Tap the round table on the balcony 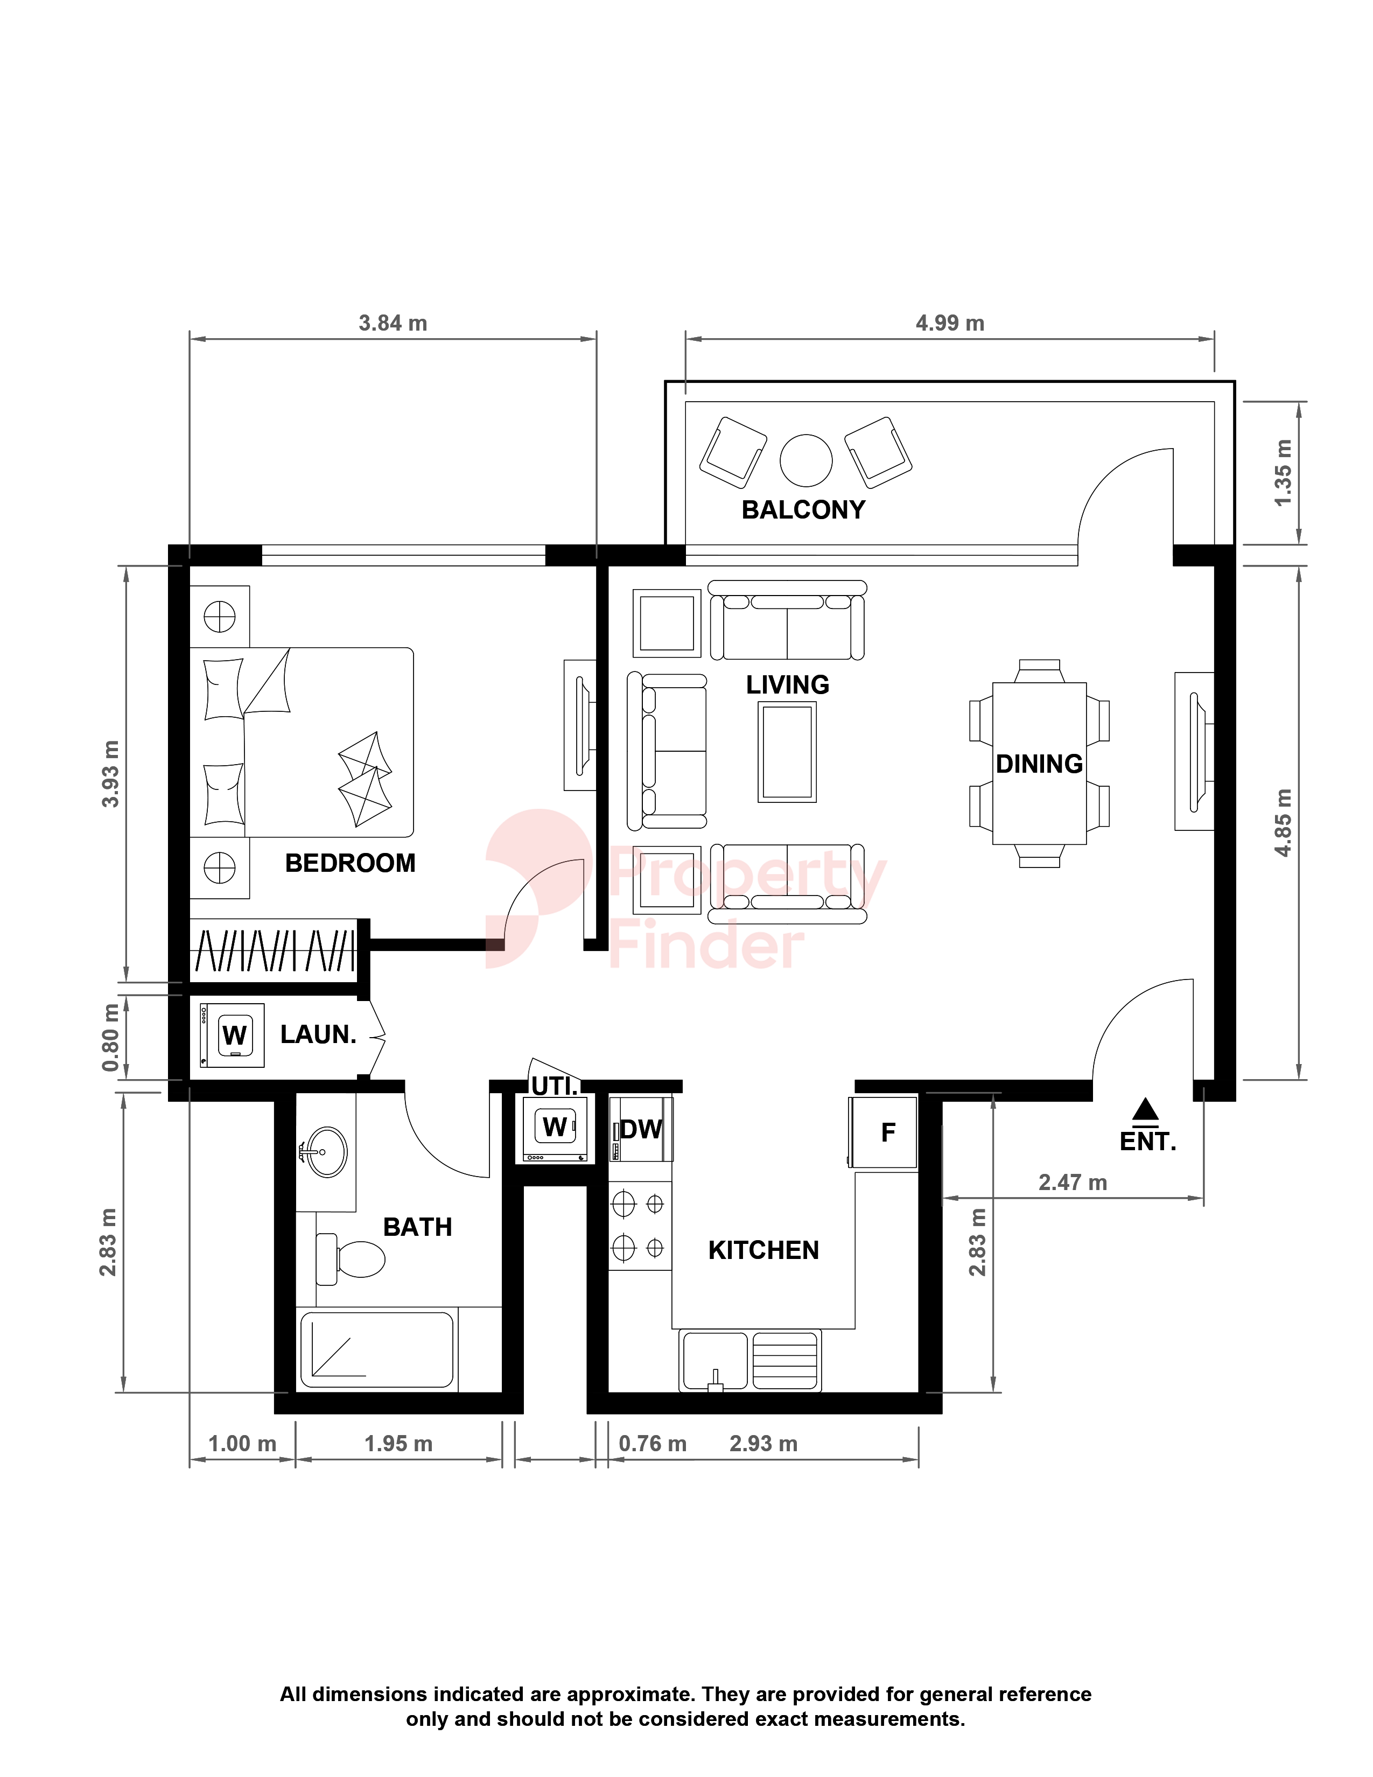[x=806, y=460]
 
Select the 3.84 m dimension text [x=393, y=323]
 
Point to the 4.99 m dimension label [x=950, y=323]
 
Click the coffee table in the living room [x=787, y=752]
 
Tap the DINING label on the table [x=1040, y=764]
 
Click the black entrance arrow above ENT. [x=1145, y=1109]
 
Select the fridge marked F [x=884, y=1132]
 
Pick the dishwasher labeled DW [x=641, y=1129]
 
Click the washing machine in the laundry [x=232, y=1035]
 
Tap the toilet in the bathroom [x=351, y=1259]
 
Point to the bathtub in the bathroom [x=376, y=1350]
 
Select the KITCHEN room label [x=764, y=1250]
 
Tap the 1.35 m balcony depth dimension [x=1283, y=473]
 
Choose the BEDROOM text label [x=351, y=863]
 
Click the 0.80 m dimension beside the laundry [x=110, y=1038]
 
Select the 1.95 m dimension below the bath [x=398, y=1443]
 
